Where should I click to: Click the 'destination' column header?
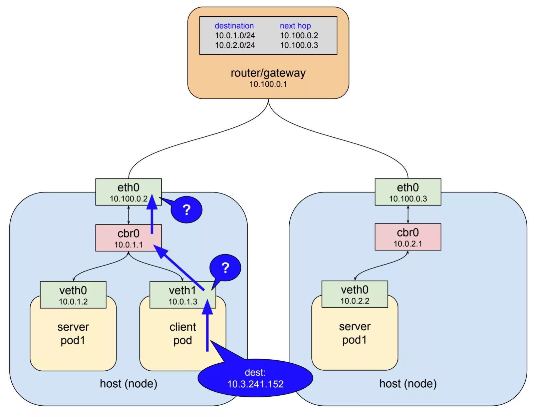(234, 26)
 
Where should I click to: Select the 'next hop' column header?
(295, 26)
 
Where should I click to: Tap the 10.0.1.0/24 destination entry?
(235, 35)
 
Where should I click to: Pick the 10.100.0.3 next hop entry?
(299, 45)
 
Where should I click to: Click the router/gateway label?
(268, 73)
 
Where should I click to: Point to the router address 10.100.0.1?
(268, 84)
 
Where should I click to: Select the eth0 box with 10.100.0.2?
(128, 192)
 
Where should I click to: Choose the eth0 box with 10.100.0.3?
(408, 192)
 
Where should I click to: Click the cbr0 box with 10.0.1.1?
(128, 238)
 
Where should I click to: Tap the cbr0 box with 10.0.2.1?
(408, 237)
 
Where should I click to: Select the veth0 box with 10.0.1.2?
(73, 295)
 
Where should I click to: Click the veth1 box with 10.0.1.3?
(183, 295)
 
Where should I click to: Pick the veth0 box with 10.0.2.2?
(354, 294)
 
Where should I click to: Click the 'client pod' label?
(183, 334)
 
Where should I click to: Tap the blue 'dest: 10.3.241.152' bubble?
(255, 378)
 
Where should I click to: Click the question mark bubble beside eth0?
(187, 210)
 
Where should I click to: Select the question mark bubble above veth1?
(225, 268)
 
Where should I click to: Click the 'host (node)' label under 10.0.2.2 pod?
(408, 384)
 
